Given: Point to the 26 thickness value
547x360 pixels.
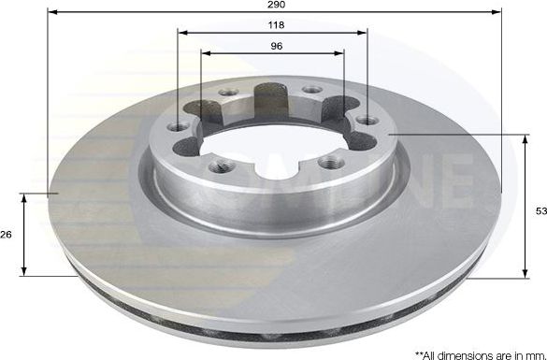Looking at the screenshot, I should coord(7,235).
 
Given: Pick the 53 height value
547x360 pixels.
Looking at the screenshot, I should coord(540,212).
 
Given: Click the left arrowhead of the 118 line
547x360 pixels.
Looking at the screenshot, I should coord(180,32).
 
